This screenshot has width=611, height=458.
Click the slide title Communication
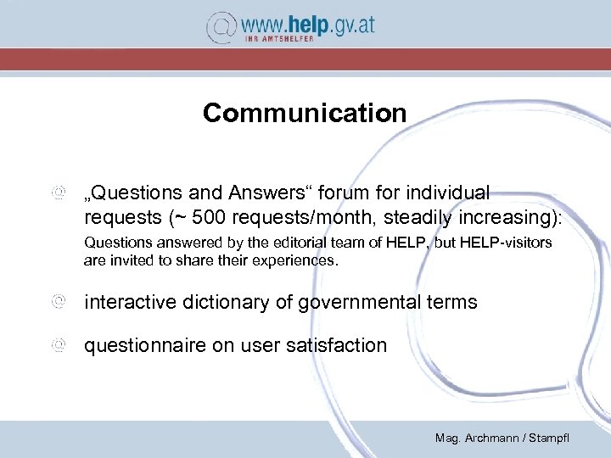point(305,113)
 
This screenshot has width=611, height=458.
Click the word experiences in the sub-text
point(298,260)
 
